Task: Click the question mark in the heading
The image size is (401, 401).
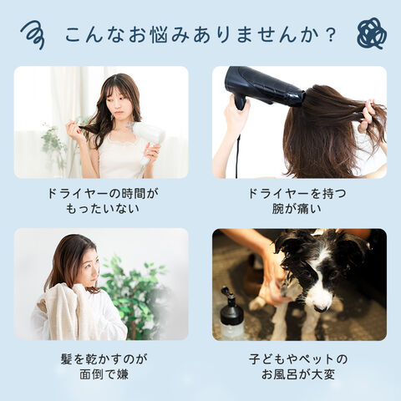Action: click(x=331, y=34)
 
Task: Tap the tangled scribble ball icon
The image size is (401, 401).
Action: click(x=372, y=34)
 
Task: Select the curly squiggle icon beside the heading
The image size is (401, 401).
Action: click(x=33, y=35)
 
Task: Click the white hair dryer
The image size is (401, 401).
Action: click(x=147, y=140)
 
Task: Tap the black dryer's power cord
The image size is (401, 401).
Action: click(x=238, y=156)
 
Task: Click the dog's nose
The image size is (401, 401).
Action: click(x=321, y=307)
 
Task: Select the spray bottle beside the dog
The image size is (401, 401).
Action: click(x=231, y=315)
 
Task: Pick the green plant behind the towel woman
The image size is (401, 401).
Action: click(x=135, y=295)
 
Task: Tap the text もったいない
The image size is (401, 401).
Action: click(x=102, y=209)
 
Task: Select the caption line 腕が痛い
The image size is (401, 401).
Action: click(x=297, y=209)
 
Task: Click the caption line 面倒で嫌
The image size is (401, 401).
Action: click(x=104, y=374)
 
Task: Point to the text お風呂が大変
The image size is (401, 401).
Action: click(x=298, y=374)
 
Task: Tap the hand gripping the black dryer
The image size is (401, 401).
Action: click(x=236, y=110)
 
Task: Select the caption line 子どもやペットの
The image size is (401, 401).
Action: click(x=298, y=359)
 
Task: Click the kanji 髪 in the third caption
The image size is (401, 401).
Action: click(x=67, y=359)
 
